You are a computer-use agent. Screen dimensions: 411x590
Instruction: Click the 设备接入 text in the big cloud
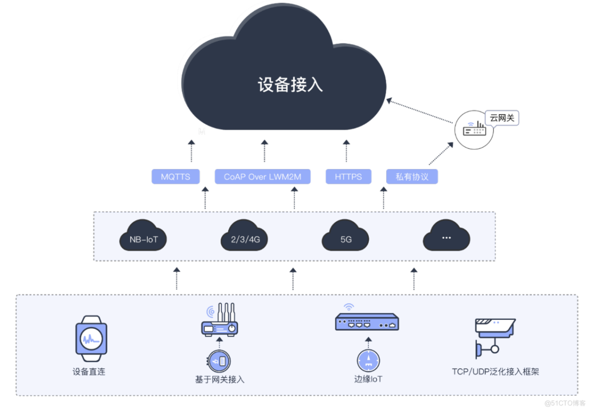point(291,85)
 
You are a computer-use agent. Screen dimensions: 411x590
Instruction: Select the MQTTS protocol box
point(175,177)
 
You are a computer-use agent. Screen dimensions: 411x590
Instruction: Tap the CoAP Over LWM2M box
point(262,177)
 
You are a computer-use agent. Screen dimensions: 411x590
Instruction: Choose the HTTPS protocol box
point(348,177)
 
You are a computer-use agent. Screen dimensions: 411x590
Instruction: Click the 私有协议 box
point(412,177)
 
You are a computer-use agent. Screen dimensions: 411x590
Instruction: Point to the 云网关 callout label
point(502,118)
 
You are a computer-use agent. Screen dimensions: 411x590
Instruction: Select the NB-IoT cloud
point(144,239)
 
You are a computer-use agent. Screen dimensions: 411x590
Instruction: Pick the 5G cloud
point(346,239)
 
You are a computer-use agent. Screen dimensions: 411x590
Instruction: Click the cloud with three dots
point(446,238)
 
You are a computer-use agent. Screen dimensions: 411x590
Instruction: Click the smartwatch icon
point(91,339)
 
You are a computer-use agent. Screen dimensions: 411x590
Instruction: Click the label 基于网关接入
point(220,380)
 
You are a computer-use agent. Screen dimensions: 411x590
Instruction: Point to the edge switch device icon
point(367,322)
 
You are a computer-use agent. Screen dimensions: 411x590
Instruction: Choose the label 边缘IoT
point(368,379)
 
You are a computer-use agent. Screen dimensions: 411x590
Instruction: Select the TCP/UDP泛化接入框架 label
point(495,372)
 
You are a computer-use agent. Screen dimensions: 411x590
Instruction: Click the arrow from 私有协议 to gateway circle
point(441,153)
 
